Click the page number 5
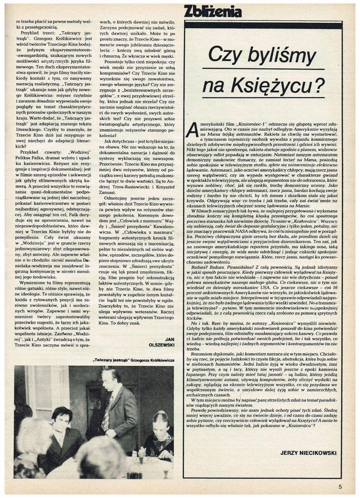click(x=340, y=486)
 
